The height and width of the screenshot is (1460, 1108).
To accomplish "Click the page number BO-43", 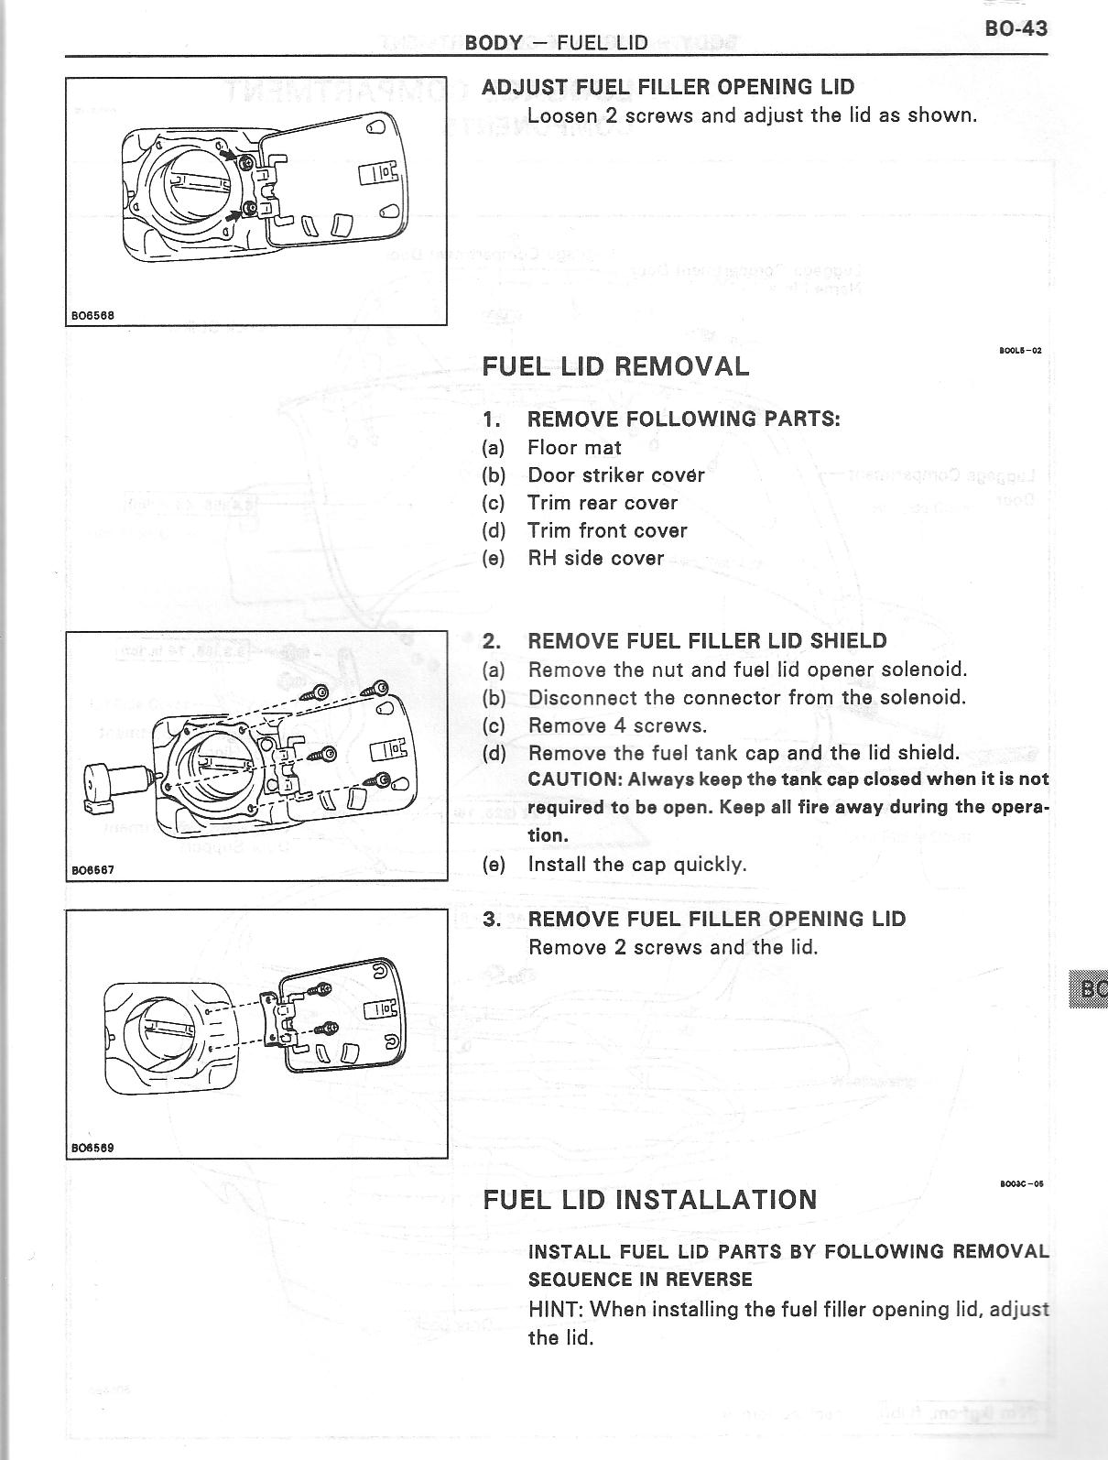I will pos(1016,28).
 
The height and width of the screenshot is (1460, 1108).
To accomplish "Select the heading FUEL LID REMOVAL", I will pos(615,366).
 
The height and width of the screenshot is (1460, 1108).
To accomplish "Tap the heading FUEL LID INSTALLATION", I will pos(649,1200).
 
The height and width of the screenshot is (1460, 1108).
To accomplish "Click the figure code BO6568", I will pos(92,315).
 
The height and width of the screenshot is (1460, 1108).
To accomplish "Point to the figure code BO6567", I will pos(92,869).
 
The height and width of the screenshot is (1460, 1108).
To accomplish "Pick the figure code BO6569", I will pos(92,1148).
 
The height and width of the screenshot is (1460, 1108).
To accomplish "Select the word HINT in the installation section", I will pos(556,1309).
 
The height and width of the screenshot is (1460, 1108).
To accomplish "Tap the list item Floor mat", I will pos(574,448).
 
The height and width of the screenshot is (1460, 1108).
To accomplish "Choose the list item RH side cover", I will pos(595,558).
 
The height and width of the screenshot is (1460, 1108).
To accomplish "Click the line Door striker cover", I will pos(615,475).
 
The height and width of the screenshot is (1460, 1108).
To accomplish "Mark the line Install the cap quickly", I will pos(637,864).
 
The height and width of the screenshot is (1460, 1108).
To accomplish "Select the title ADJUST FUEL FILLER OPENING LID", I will pos(668,87).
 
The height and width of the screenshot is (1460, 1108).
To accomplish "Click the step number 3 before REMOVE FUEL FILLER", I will pos(492,919).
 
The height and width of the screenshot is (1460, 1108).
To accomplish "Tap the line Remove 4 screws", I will pos(617,725).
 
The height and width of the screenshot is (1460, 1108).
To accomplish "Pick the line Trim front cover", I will pos(606,530).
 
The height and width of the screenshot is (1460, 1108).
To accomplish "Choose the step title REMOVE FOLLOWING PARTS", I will pos(683,419).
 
